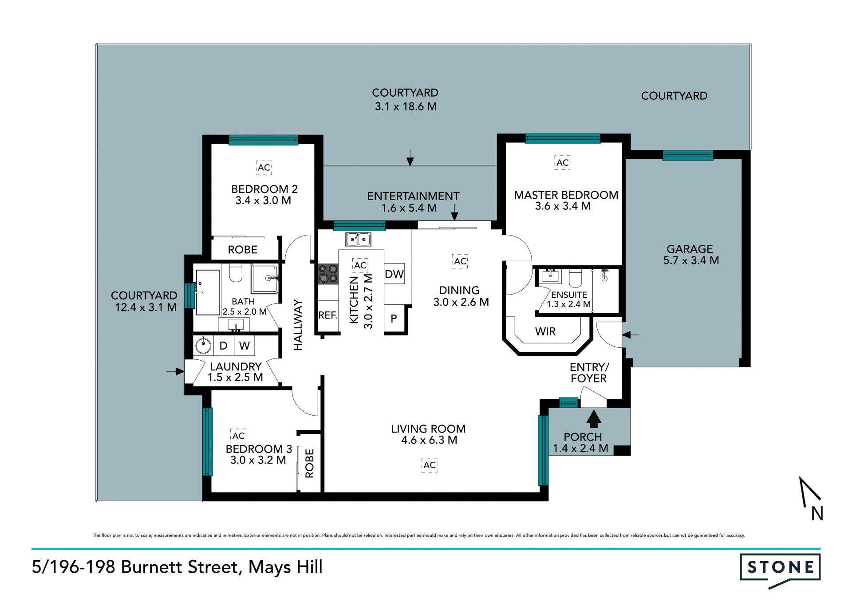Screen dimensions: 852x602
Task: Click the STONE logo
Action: coord(780,570)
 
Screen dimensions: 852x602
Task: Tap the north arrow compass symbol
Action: coord(812,499)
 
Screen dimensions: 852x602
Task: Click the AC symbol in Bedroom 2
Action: coord(264,168)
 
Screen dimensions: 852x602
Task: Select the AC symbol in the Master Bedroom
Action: coord(562,163)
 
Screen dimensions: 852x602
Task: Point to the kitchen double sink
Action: coord(359,240)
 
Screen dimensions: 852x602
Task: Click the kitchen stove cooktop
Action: coord(328,274)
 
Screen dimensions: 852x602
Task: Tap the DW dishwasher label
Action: coord(394,274)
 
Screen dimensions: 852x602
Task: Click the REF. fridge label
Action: coord(328,315)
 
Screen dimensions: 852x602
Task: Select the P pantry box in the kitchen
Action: coord(394,319)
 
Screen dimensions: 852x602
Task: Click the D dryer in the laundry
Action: coord(224,346)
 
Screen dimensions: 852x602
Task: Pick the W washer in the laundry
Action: coord(245,346)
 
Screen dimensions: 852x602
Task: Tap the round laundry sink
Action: coord(203,346)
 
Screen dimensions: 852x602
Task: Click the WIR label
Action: coord(545,331)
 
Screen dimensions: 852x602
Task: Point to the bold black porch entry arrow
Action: coord(594,419)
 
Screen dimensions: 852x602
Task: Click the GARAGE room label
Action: coord(690,249)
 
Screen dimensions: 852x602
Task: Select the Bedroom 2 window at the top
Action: coord(264,140)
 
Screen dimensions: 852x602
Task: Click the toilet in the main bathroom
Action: coord(236,273)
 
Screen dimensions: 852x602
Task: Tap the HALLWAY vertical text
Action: coord(298,325)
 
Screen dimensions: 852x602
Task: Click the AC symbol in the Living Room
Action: coord(429,465)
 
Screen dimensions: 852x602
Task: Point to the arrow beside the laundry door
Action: coord(176,371)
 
